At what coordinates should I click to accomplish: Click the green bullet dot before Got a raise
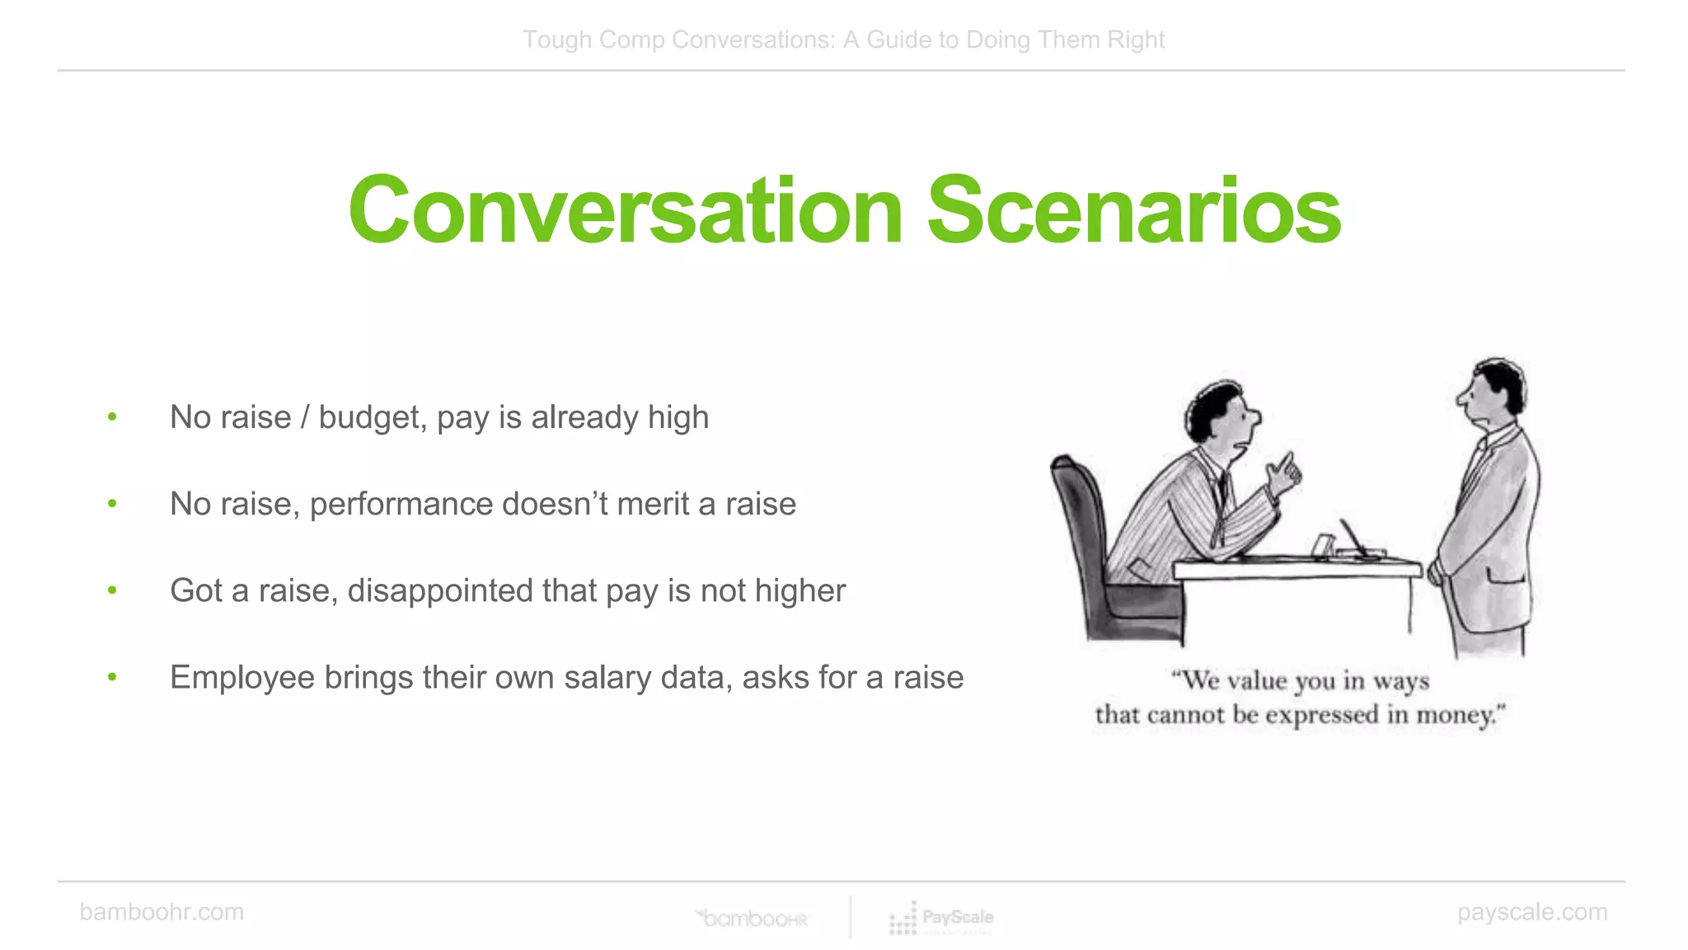[x=112, y=590]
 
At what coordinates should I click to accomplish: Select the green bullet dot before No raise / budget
[x=112, y=416]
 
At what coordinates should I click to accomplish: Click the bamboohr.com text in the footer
[x=162, y=912]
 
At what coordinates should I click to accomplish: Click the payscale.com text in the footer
[x=1531, y=912]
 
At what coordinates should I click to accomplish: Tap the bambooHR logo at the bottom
[x=753, y=918]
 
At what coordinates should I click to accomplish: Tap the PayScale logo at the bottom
[x=941, y=918]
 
